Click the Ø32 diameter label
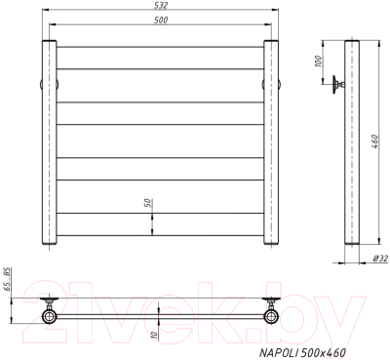380,258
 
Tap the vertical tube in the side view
355,146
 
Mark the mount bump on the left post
40,83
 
